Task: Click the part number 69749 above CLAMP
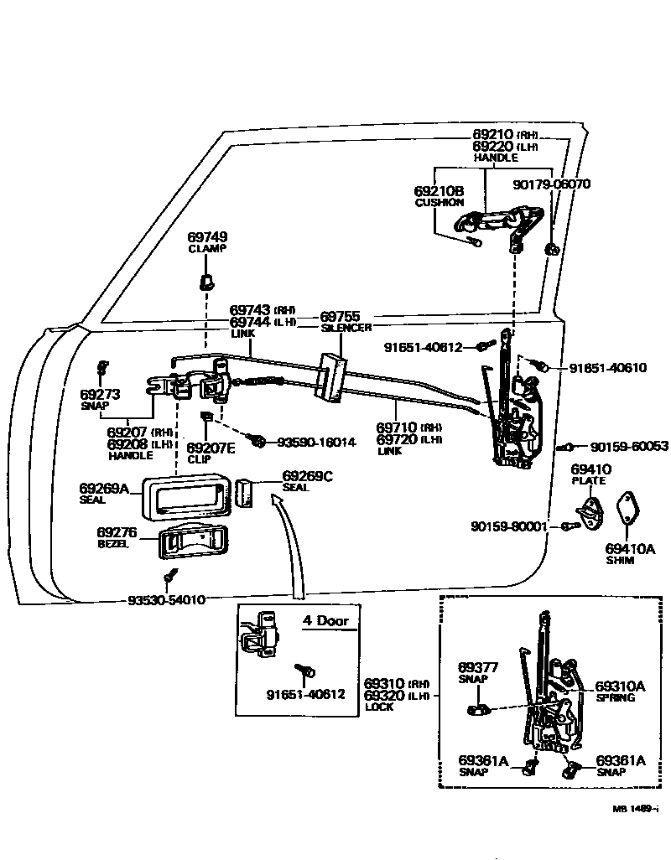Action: click(206, 238)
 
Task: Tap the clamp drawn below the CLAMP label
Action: click(204, 279)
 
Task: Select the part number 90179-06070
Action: click(551, 184)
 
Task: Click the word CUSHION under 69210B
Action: click(439, 203)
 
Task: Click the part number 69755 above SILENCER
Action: click(340, 317)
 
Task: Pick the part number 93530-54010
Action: click(166, 600)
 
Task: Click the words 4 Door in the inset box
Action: click(325, 621)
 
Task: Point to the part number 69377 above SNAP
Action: click(478, 667)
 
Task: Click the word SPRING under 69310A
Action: click(615, 697)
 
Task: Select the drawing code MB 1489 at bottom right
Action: click(634, 809)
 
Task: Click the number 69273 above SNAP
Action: click(101, 393)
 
